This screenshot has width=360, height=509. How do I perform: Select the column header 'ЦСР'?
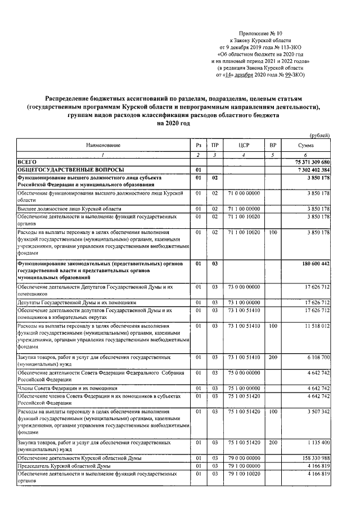(244, 145)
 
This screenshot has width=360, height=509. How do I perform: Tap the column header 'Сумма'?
(305, 145)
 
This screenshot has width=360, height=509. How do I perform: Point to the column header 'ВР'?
(273, 145)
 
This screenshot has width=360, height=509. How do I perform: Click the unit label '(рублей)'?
(319, 136)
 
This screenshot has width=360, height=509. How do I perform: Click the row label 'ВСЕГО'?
(26, 161)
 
